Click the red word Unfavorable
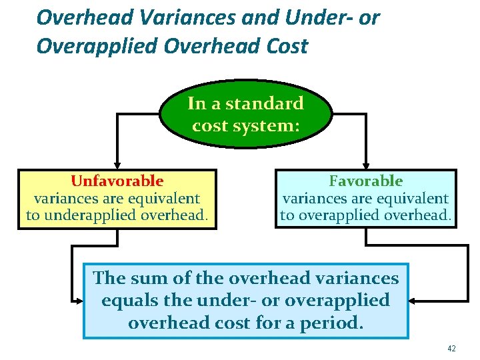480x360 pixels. pyautogui.click(x=117, y=181)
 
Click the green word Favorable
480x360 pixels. pyautogui.click(x=365, y=181)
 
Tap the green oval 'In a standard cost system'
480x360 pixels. pyautogui.click(x=245, y=114)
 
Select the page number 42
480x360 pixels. pyautogui.click(x=451, y=348)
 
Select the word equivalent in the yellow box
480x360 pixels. pyautogui.click(x=160, y=198)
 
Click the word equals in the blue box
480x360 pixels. pyautogui.click(x=127, y=300)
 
